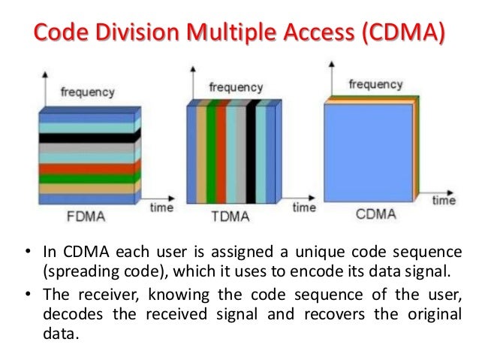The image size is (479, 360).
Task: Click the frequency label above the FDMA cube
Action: click(87, 92)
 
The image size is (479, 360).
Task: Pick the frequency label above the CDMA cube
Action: click(376, 84)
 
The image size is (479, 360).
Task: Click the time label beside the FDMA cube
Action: click(161, 207)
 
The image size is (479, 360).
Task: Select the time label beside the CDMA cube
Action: click(444, 201)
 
